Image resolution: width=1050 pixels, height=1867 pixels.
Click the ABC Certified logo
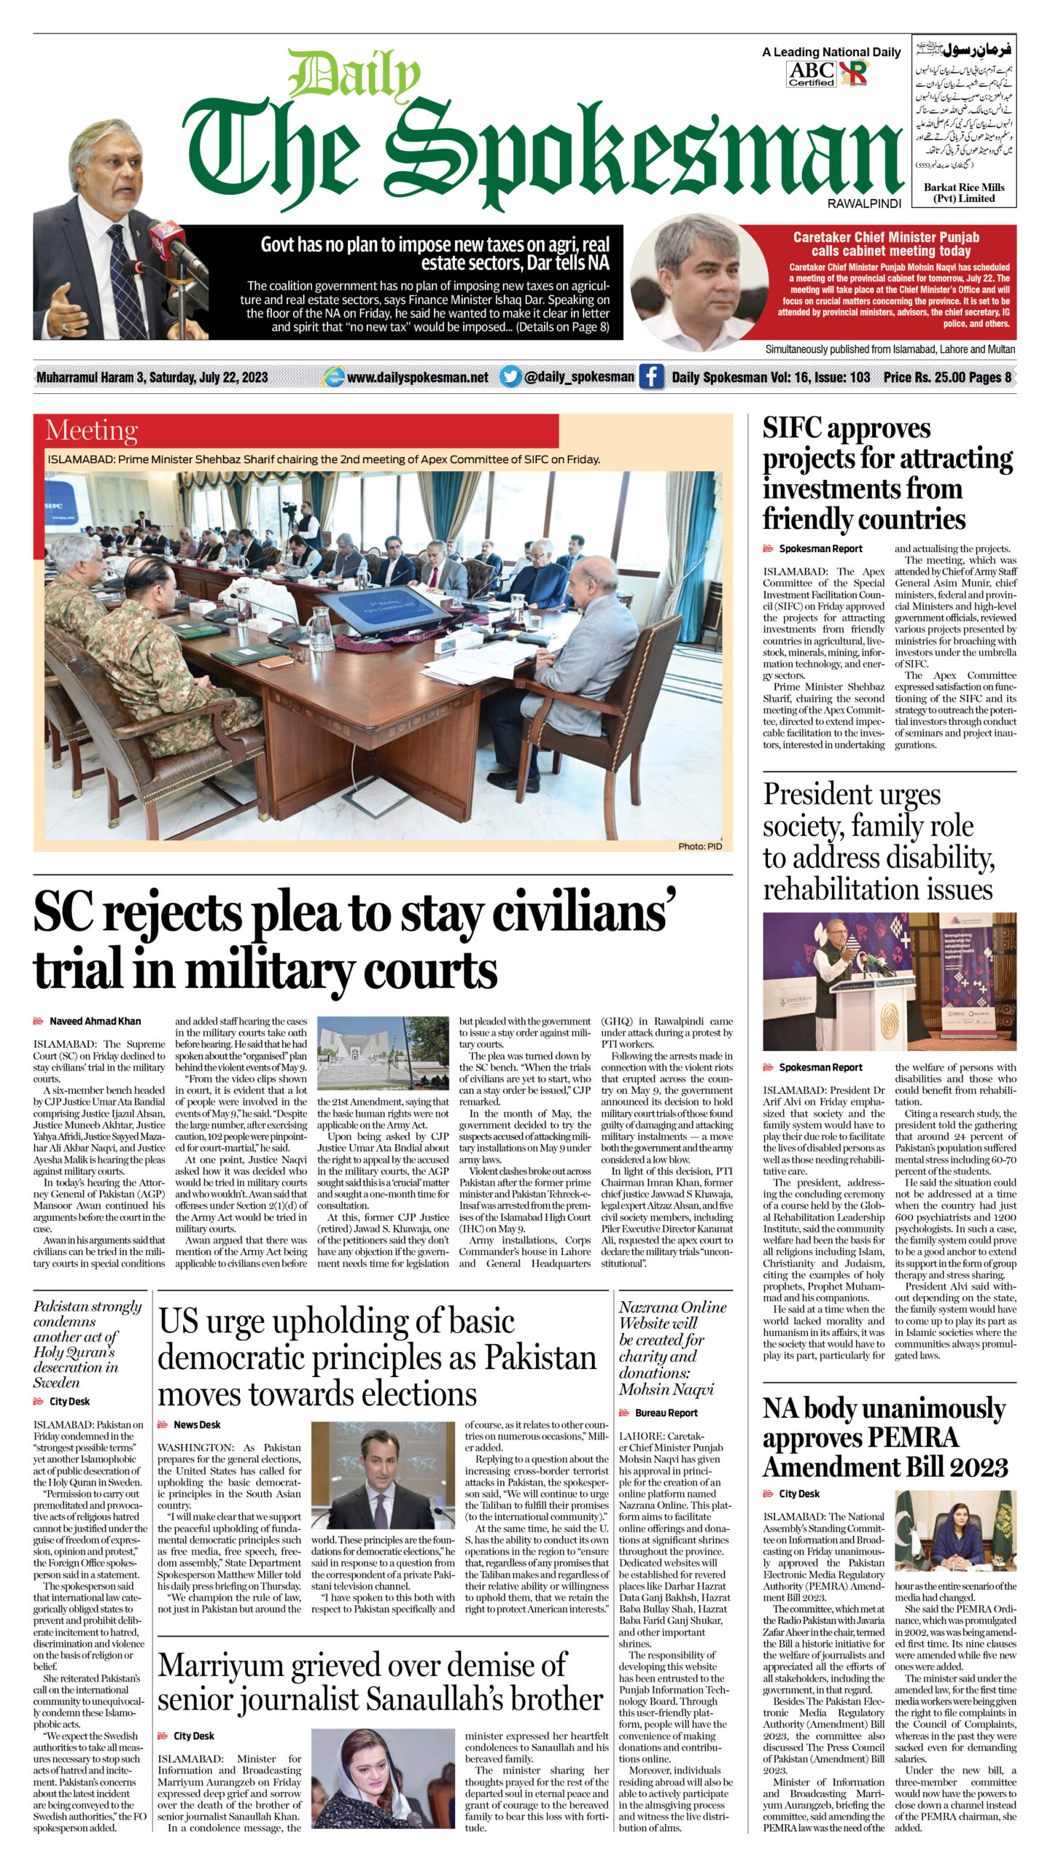tap(811, 74)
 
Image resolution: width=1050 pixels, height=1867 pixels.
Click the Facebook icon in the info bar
tap(651, 377)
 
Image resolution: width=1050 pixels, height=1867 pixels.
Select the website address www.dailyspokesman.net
tap(417, 377)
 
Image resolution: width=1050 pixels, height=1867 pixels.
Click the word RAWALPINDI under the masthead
tap(864, 204)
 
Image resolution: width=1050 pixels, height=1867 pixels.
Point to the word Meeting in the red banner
tap(91, 431)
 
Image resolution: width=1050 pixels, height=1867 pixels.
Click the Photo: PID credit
tap(700, 846)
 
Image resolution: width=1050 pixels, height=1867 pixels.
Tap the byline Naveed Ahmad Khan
tap(95, 1021)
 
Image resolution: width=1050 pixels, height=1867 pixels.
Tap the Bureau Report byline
tap(666, 1413)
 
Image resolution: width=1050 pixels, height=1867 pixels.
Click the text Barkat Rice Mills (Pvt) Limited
tap(964, 193)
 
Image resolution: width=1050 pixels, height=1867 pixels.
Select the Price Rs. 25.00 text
tap(925, 377)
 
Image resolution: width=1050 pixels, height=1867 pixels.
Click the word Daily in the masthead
tap(355, 75)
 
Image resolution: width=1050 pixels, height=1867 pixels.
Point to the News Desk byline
tap(196, 1424)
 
